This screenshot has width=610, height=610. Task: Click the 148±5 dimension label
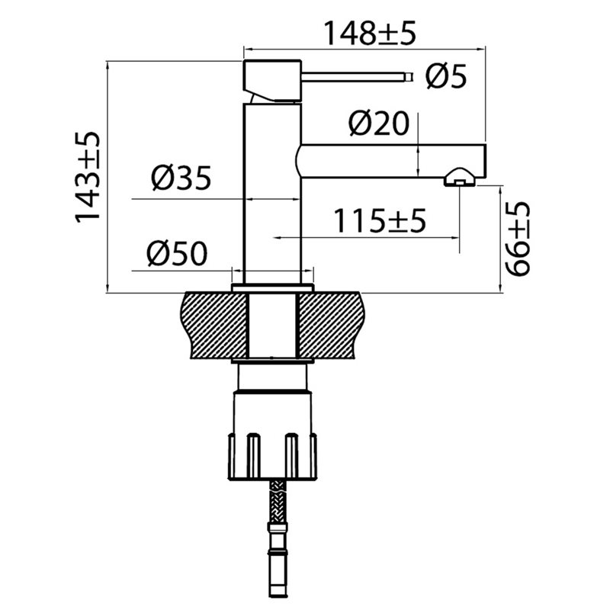point(370,33)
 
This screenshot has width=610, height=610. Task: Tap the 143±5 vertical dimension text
point(88,177)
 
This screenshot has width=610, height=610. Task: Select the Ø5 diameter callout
point(446,77)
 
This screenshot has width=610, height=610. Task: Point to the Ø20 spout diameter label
point(379,124)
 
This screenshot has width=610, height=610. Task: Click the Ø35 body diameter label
point(181,178)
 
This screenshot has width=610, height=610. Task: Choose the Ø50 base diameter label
point(178,254)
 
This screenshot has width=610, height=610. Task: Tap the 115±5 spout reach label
point(380,220)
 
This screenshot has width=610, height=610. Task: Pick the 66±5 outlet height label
point(518,239)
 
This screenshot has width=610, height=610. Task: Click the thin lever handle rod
point(357,77)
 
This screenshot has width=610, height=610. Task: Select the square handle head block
point(272,81)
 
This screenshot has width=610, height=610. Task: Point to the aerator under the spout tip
point(460,178)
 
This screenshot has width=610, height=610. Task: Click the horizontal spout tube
point(391,162)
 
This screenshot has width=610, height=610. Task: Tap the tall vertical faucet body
point(272,194)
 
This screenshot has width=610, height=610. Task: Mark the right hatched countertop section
point(330,326)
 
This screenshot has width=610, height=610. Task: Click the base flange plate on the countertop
point(272,288)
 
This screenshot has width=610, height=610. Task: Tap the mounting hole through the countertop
point(272,326)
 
